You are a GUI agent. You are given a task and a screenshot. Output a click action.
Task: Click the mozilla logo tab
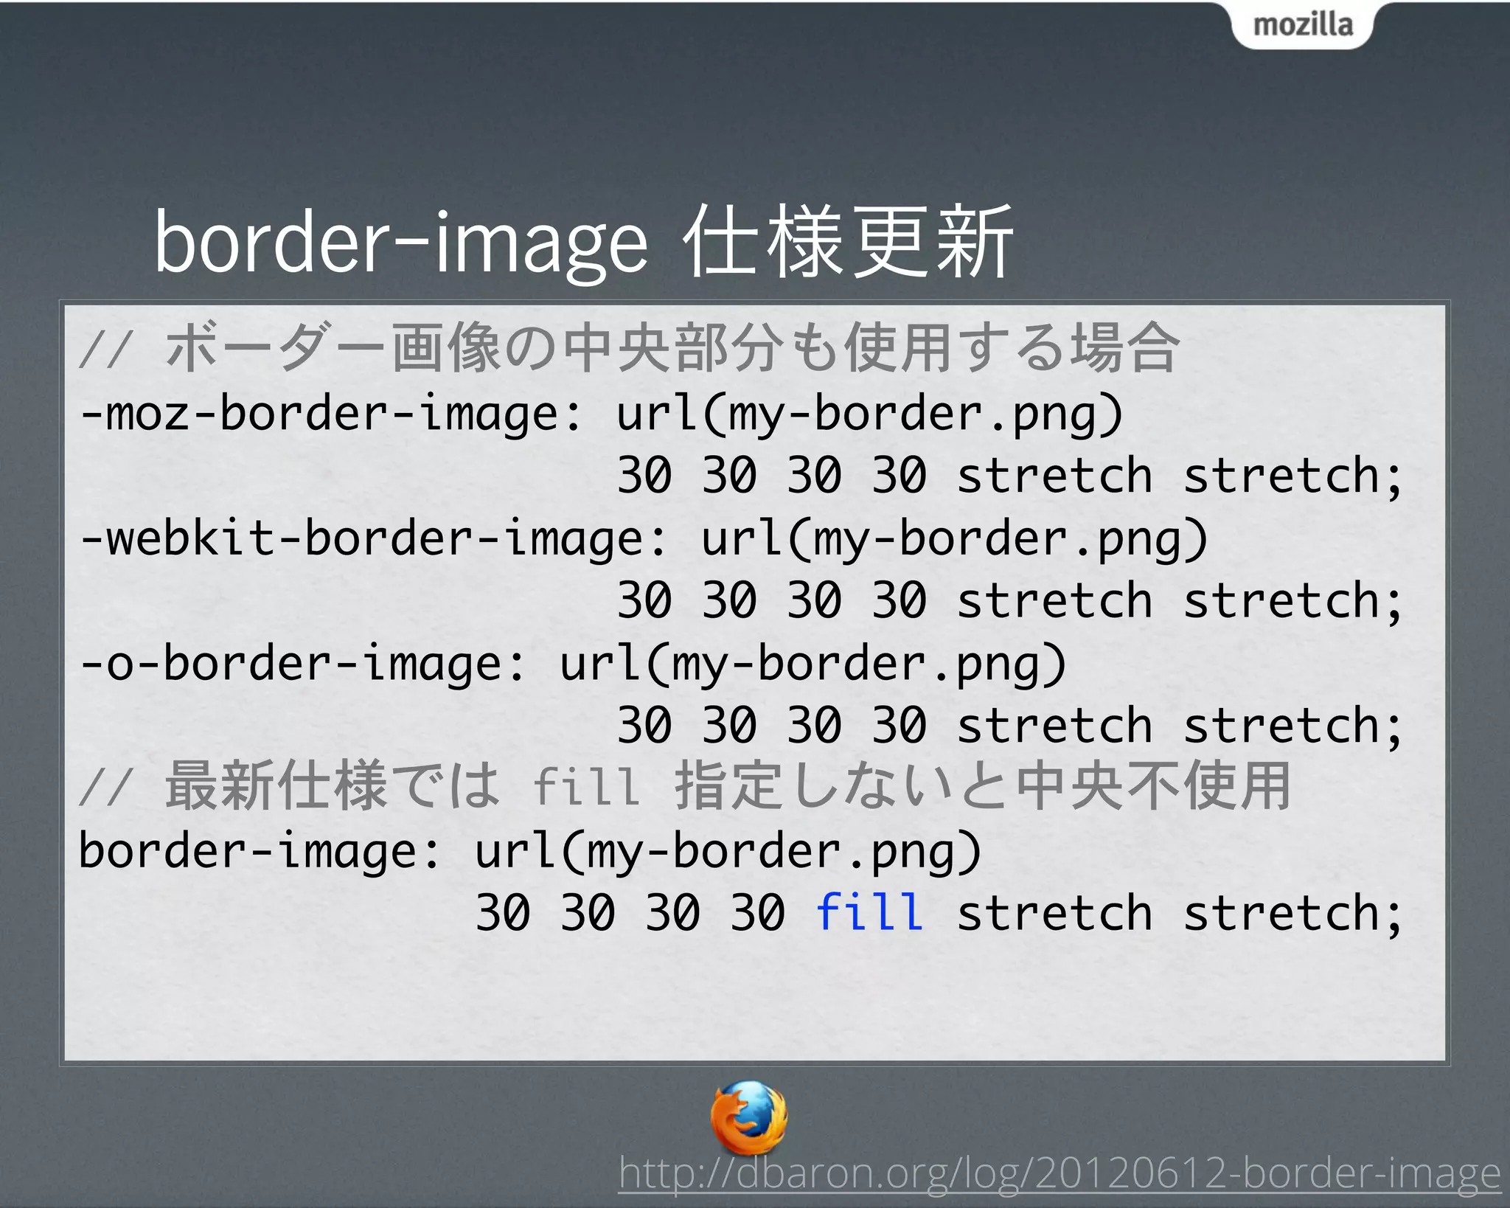click(x=1302, y=25)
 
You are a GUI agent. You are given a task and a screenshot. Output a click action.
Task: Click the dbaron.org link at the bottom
click(x=1059, y=1173)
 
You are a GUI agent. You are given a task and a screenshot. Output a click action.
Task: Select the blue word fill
click(x=869, y=912)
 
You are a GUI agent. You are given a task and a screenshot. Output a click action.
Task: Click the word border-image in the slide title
click(x=400, y=243)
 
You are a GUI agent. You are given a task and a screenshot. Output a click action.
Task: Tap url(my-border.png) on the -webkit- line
click(x=954, y=538)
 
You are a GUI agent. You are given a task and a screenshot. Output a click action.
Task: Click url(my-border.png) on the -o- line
click(x=813, y=663)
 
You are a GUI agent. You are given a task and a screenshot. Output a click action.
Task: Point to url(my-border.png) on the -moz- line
click(x=869, y=414)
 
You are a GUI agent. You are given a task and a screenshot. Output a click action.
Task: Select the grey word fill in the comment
click(x=586, y=786)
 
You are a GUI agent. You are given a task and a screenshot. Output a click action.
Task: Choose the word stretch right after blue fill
click(x=1054, y=912)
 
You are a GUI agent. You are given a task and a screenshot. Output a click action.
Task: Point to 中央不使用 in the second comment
click(x=1153, y=786)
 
